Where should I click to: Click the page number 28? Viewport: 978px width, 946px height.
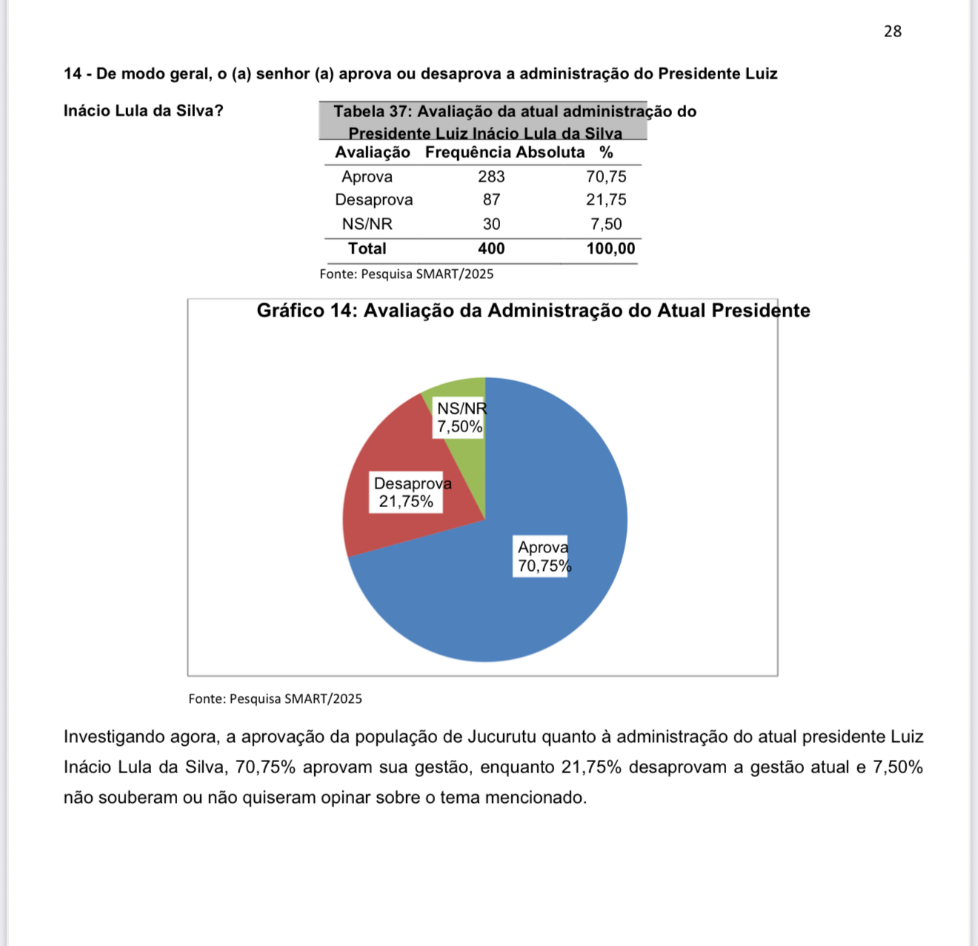click(892, 31)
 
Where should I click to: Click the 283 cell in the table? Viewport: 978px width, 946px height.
click(491, 176)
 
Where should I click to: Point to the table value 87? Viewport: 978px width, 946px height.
click(491, 200)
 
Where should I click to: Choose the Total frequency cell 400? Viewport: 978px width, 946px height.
click(491, 249)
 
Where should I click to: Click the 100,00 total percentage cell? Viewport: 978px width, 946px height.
click(611, 249)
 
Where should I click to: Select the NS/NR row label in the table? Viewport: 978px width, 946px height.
click(367, 224)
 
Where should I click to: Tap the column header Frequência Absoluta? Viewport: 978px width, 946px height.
click(505, 153)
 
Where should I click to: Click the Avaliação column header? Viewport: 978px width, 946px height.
click(372, 153)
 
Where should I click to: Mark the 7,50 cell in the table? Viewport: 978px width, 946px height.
click(606, 224)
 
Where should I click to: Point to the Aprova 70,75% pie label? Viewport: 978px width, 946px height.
click(543, 557)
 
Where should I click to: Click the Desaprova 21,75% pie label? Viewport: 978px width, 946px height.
click(407, 493)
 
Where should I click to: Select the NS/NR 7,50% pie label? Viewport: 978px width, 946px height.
click(460, 417)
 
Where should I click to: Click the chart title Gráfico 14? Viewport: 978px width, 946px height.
click(533, 311)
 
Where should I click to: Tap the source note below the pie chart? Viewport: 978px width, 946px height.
click(275, 698)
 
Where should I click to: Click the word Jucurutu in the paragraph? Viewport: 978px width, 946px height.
click(501, 737)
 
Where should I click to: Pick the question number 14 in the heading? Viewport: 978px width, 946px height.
click(73, 74)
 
